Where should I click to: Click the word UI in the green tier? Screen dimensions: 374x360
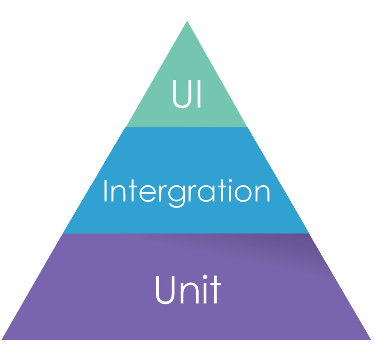[187, 94]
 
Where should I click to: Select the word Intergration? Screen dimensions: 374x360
[187, 193]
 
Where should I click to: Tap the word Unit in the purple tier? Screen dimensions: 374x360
[188, 289]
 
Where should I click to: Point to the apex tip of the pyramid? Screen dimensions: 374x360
[187, 21]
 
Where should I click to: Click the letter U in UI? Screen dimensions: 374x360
[182, 94]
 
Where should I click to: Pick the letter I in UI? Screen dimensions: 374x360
[199, 94]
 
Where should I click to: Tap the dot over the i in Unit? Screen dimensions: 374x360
[205, 277]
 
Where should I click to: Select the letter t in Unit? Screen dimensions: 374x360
[215, 289]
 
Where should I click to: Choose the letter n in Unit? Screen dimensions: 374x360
[190, 293]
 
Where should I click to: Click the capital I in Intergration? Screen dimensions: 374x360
[106, 191]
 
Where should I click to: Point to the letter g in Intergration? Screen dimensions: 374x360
[176, 197]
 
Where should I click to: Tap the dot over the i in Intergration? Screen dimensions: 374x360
[230, 181]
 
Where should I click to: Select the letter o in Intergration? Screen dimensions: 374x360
[243, 194]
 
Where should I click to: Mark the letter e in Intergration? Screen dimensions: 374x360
[148, 194]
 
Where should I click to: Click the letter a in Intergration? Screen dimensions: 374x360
[206, 194]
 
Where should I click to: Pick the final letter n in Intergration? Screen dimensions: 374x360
[262, 193]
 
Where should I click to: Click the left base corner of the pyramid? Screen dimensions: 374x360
[2, 340]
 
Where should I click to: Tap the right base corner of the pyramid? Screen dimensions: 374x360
[371, 340]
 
